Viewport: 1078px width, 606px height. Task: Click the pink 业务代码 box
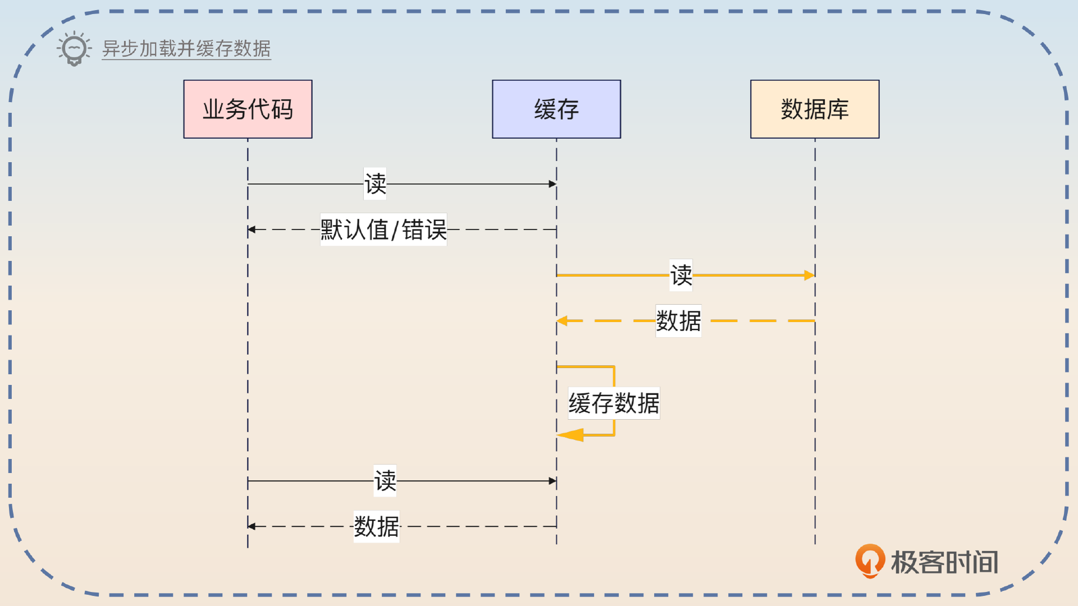pyautogui.click(x=248, y=109)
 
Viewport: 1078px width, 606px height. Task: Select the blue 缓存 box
pyautogui.click(x=556, y=109)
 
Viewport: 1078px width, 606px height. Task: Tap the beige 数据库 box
pyautogui.click(x=814, y=109)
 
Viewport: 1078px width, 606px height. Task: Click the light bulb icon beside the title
pyautogui.click(x=74, y=49)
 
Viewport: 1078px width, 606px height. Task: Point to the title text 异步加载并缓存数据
pyautogui.click(x=186, y=49)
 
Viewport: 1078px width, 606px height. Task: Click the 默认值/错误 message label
pyautogui.click(x=383, y=229)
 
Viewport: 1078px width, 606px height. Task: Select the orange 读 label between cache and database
pyautogui.click(x=681, y=275)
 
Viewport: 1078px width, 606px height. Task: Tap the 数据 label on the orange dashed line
pyautogui.click(x=678, y=321)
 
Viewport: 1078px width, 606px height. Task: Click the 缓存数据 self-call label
pyautogui.click(x=614, y=403)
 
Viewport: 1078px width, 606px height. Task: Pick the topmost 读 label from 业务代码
pyautogui.click(x=375, y=183)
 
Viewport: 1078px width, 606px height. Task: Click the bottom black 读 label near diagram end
pyautogui.click(x=385, y=480)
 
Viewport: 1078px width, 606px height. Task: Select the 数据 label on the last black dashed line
pyautogui.click(x=376, y=526)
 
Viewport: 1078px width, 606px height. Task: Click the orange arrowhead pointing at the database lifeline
pyautogui.click(x=809, y=275)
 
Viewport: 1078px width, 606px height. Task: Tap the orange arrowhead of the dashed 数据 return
pyautogui.click(x=562, y=321)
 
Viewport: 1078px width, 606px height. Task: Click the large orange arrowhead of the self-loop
pyautogui.click(x=571, y=435)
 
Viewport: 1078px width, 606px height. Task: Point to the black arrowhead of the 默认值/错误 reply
pyautogui.click(x=252, y=229)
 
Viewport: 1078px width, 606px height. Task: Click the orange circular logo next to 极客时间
pyautogui.click(x=869, y=561)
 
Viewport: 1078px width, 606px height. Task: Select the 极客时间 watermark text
pyautogui.click(x=944, y=562)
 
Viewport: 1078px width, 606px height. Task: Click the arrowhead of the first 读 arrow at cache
pyautogui.click(x=552, y=184)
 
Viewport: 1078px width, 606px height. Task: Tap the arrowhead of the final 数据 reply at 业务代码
pyautogui.click(x=252, y=526)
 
